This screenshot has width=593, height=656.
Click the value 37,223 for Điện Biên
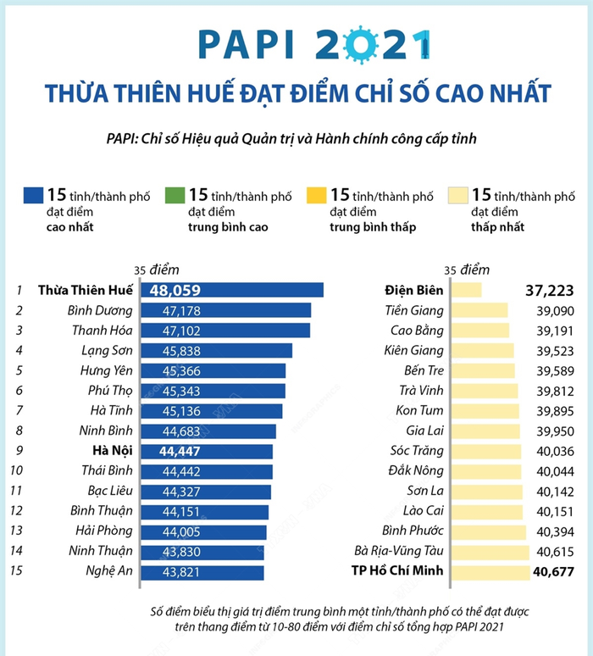(x=549, y=290)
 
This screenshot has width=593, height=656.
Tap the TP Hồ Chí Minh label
(x=397, y=570)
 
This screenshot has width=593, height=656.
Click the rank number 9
(x=18, y=450)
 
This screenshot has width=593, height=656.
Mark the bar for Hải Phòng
(x=203, y=531)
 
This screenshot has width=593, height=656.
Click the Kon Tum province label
(x=421, y=410)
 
